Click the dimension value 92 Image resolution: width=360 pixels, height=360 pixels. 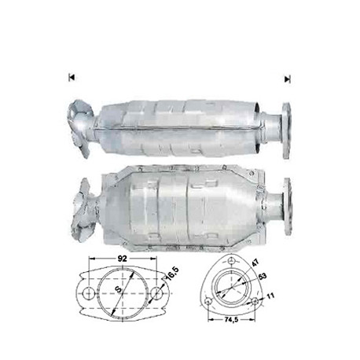point(122,259)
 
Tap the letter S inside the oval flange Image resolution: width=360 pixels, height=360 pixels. point(119,289)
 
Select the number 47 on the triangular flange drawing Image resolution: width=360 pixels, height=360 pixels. point(255,263)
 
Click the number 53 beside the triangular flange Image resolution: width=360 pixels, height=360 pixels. point(262,276)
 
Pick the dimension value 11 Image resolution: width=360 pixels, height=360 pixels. point(270,296)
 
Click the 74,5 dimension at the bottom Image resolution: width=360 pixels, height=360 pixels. point(231,320)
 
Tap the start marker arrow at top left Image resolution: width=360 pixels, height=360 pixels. point(72,77)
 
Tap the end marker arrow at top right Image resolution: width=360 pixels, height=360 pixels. point(288,79)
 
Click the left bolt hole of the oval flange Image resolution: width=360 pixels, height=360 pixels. point(88,294)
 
